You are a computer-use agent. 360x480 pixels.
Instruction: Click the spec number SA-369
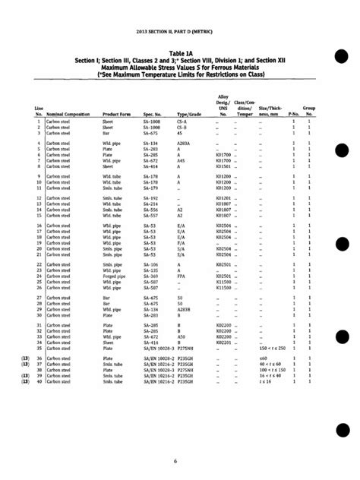(x=152, y=276)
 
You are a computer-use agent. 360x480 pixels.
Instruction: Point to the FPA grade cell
(x=182, y=276)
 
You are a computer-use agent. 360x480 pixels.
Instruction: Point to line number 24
(x=39, y=276)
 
